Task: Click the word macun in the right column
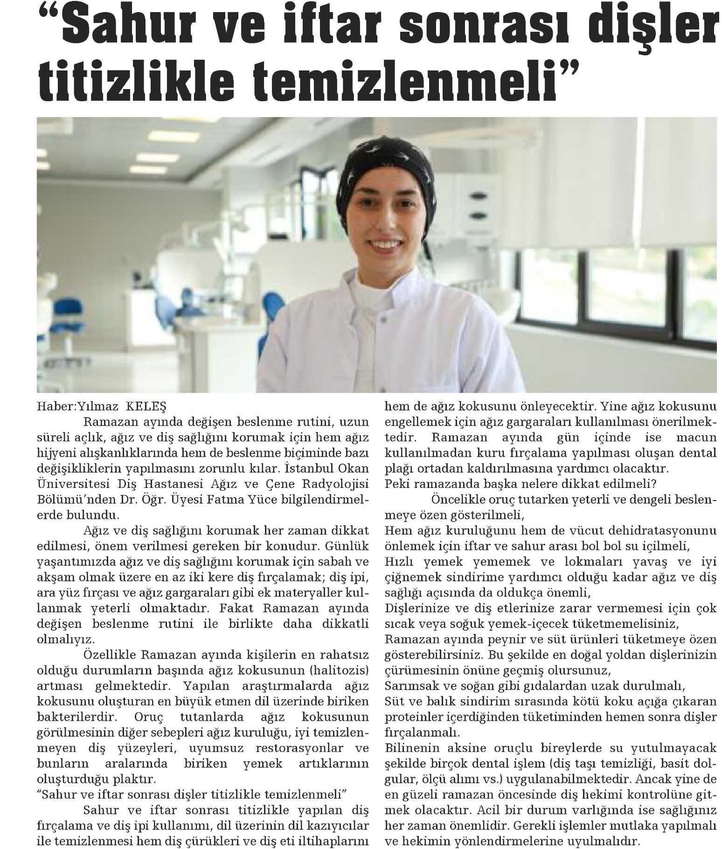(x=697, y=437)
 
